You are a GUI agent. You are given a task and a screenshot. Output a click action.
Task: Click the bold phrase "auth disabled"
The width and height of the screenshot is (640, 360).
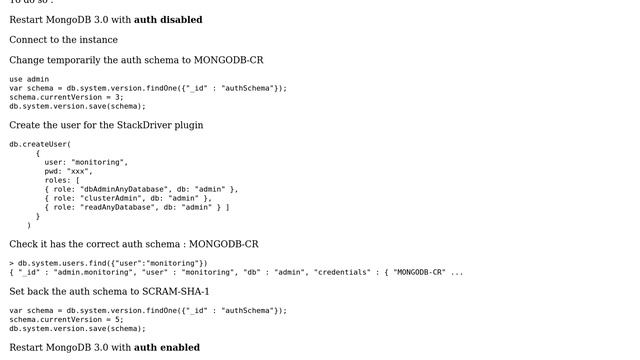click(168, 20)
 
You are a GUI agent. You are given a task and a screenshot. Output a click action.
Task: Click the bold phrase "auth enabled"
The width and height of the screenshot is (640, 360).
click(167, 348)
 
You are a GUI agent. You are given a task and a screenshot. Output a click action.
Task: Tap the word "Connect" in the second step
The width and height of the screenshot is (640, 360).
click(28, 40)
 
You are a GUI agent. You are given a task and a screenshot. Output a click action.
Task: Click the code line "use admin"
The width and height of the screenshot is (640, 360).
click(29, 79)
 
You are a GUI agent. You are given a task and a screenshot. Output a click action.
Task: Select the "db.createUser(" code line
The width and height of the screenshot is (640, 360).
click(40, 144)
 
